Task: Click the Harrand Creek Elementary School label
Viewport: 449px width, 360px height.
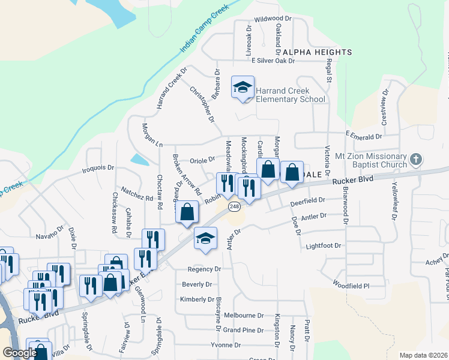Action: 291,95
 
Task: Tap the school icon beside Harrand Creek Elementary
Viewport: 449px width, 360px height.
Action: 243,88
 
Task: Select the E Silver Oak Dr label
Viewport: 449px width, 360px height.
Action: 274,61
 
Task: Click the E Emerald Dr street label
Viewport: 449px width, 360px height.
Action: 363,137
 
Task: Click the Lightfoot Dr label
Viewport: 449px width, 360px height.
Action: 324,246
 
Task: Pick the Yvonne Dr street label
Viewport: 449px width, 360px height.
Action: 226,345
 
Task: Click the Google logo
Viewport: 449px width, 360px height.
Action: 20,353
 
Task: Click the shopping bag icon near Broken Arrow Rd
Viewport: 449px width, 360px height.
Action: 187,212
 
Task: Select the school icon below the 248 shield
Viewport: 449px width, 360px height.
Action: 205,238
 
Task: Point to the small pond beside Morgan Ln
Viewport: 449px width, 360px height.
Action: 140,160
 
